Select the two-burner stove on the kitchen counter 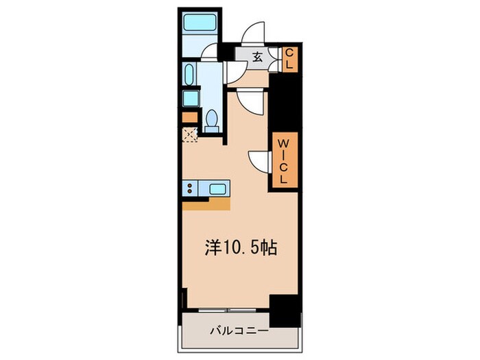191,189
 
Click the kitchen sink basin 218,189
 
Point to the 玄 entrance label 257,58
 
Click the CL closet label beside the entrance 289,58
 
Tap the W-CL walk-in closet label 283,158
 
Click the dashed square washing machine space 190,133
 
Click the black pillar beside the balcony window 285,309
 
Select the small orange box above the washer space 188,117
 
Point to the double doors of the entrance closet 274,59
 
